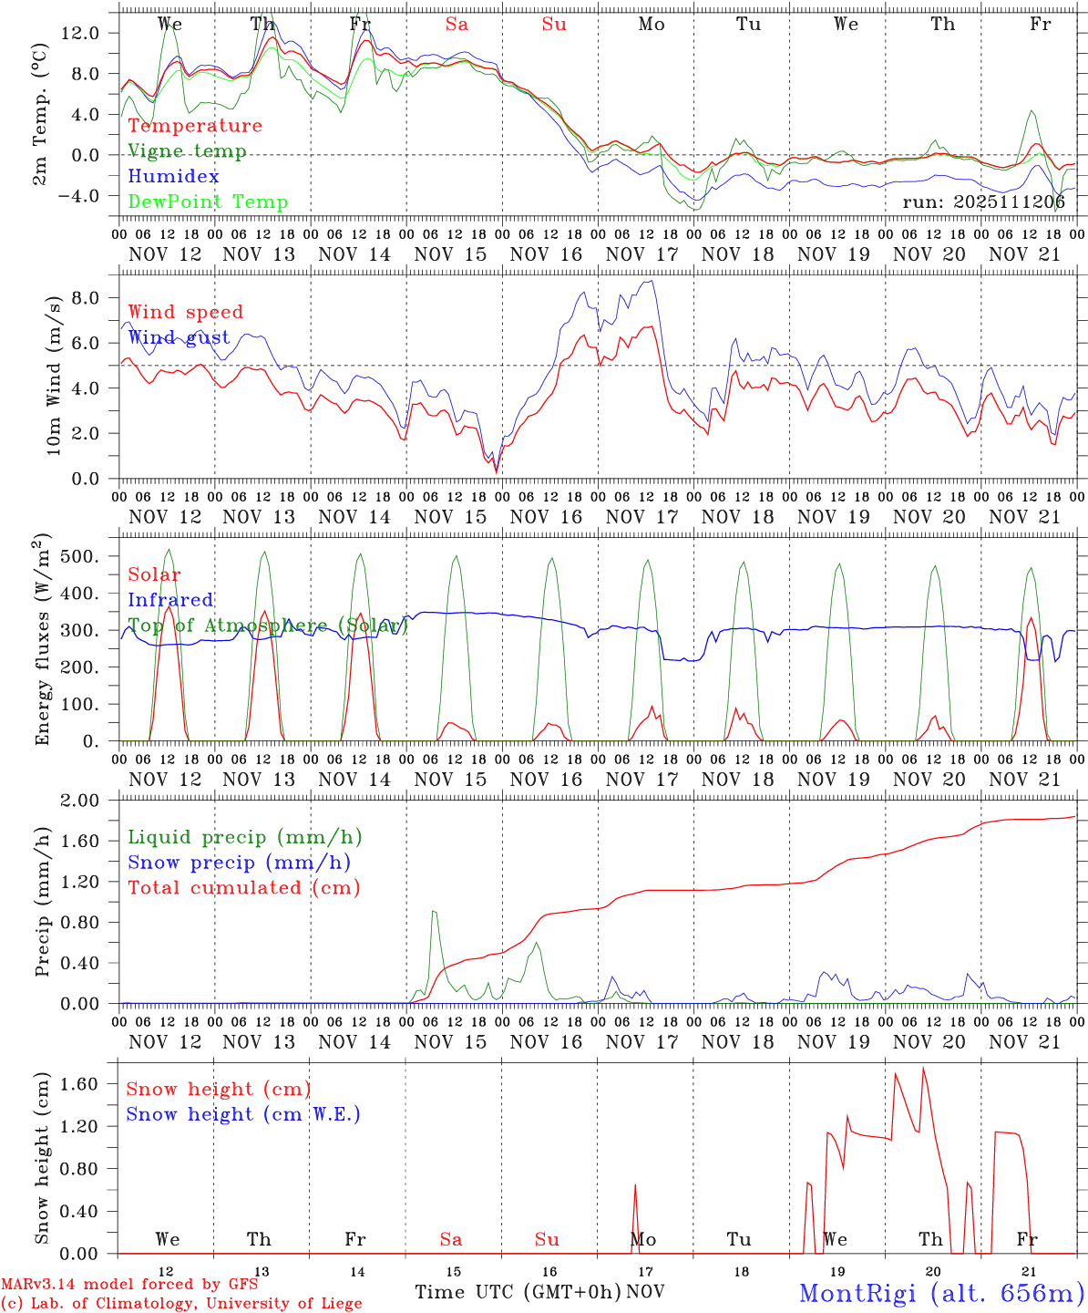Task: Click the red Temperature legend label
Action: (195, 126)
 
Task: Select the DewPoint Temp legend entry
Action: (208, 202)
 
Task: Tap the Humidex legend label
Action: (174, 177)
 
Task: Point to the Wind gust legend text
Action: (180, 337)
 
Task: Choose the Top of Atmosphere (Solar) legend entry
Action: (268, 625)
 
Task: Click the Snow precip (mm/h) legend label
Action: (240, 863)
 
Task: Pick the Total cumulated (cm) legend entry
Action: (244, 887)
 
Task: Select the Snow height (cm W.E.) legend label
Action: (243, 1114)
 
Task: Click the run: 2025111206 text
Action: (984, 202)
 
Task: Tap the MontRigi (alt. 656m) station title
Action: (940, 1292)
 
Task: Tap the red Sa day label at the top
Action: (457, 25)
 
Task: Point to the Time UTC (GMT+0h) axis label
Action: (518, 1292)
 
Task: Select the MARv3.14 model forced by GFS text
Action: (128, 1284)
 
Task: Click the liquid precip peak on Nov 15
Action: (434, 911)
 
